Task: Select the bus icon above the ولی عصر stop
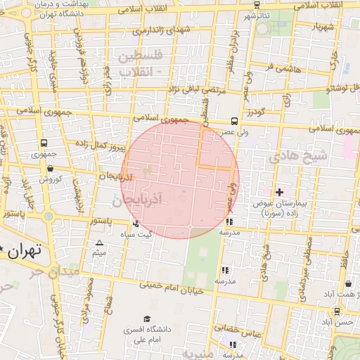coord(234,120)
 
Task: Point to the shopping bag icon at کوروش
coord(51,168)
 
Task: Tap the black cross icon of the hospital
coord(279,191)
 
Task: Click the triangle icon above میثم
coord(99,243)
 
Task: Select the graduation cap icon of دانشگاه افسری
coord(146,319)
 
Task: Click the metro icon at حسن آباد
coord(337,311)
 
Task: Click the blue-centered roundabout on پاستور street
coord(48,216)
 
